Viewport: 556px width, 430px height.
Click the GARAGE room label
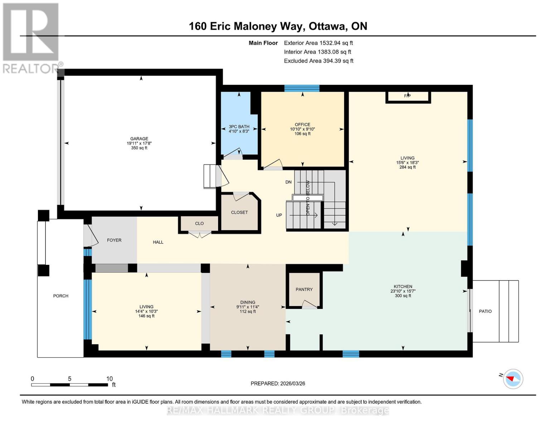coord(139,139)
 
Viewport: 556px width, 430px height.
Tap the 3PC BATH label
coord(239,126)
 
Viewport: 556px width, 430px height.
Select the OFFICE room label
coord(302,125)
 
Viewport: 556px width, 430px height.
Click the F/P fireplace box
coord(407,96)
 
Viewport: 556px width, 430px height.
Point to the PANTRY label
coord(304,289)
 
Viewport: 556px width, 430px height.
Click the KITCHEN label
coord(403,286)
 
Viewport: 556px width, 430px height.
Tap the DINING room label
coord(247,302)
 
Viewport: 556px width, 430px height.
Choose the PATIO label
coord(485,311)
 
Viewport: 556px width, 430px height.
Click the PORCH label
coord(61,296)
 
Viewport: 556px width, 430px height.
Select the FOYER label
coord(114,240)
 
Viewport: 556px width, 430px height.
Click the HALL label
coord(158,242)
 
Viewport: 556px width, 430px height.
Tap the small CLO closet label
coord(199,223)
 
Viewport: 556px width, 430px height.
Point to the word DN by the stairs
coord(289,182)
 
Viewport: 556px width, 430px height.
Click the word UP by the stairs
coord(279,215)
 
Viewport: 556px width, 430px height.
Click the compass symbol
coord(513,379)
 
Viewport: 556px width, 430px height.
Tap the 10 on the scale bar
coord(109,378)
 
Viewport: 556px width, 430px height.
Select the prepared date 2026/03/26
coord(292,383)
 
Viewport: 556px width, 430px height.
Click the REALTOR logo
coord(32,38)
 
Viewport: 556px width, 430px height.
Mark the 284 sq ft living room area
coord(407,167)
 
